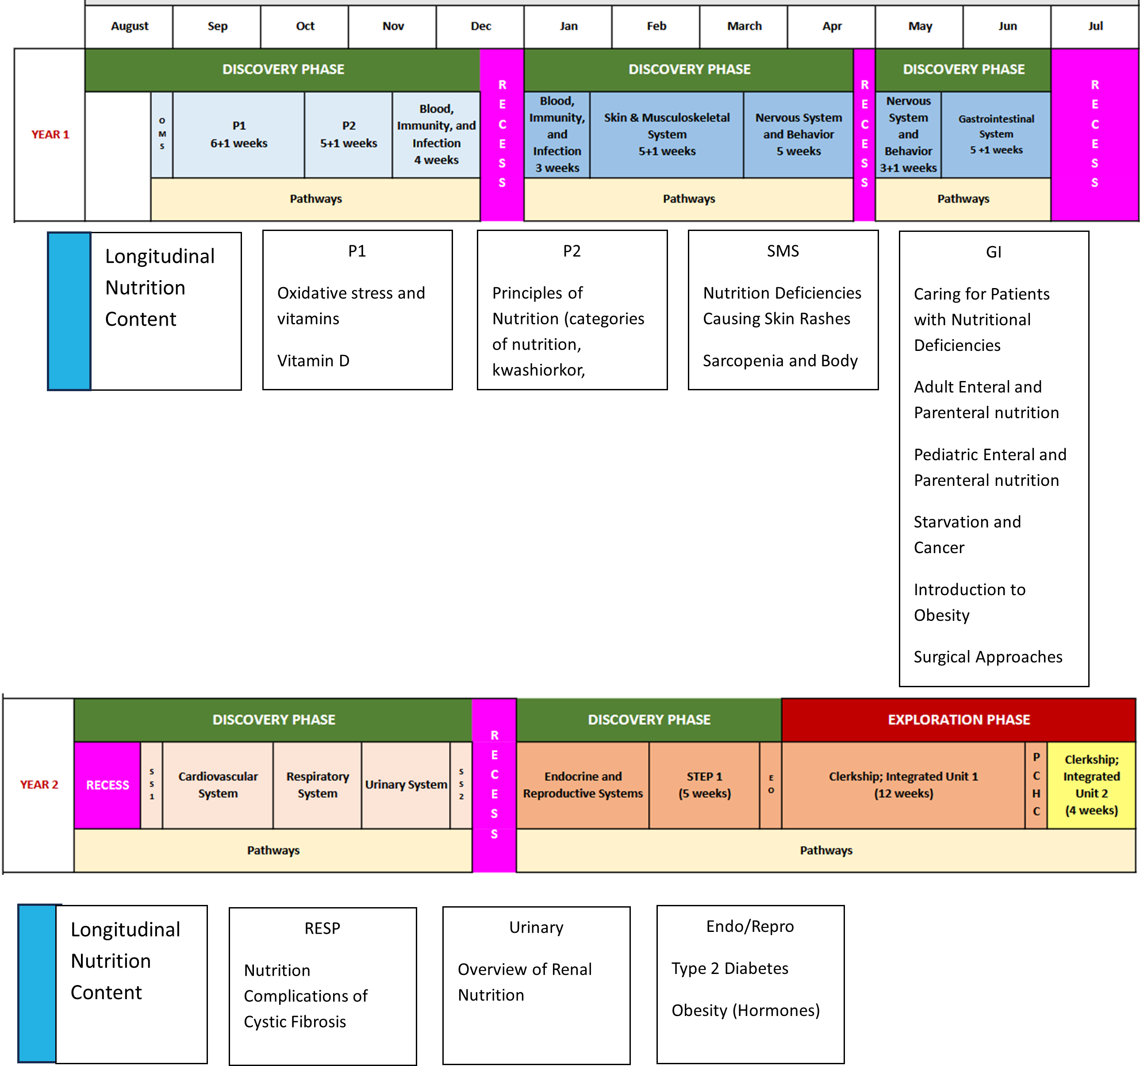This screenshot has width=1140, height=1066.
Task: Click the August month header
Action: coord(129,26)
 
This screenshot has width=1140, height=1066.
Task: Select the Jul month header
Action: coord(1095,26)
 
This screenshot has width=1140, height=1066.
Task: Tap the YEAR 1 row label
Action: coord(50,134)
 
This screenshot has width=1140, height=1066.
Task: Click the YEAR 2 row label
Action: coord(39,784)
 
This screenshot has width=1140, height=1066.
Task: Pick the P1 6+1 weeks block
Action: coord(238,134)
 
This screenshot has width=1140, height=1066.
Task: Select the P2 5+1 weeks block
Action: coord(348,134)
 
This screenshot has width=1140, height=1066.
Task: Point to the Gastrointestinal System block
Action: coord(996,134)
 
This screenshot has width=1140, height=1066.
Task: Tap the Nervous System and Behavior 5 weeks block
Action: coord(798,134)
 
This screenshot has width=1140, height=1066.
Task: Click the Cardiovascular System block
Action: coord(218,784)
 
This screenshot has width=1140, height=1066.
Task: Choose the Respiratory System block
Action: coord(317,784)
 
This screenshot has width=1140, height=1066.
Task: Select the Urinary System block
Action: coord(406,784)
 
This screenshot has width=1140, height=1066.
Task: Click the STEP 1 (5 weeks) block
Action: coord(704,784)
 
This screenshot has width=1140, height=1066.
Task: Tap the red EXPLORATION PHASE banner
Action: coord(959,720)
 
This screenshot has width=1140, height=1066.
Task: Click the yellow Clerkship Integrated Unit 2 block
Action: coord(1091,784)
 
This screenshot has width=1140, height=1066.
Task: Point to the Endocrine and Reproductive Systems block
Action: coord(583,784)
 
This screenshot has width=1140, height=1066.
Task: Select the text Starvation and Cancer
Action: coord(967,535)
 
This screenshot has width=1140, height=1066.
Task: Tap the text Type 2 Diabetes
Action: coord(729,969)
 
